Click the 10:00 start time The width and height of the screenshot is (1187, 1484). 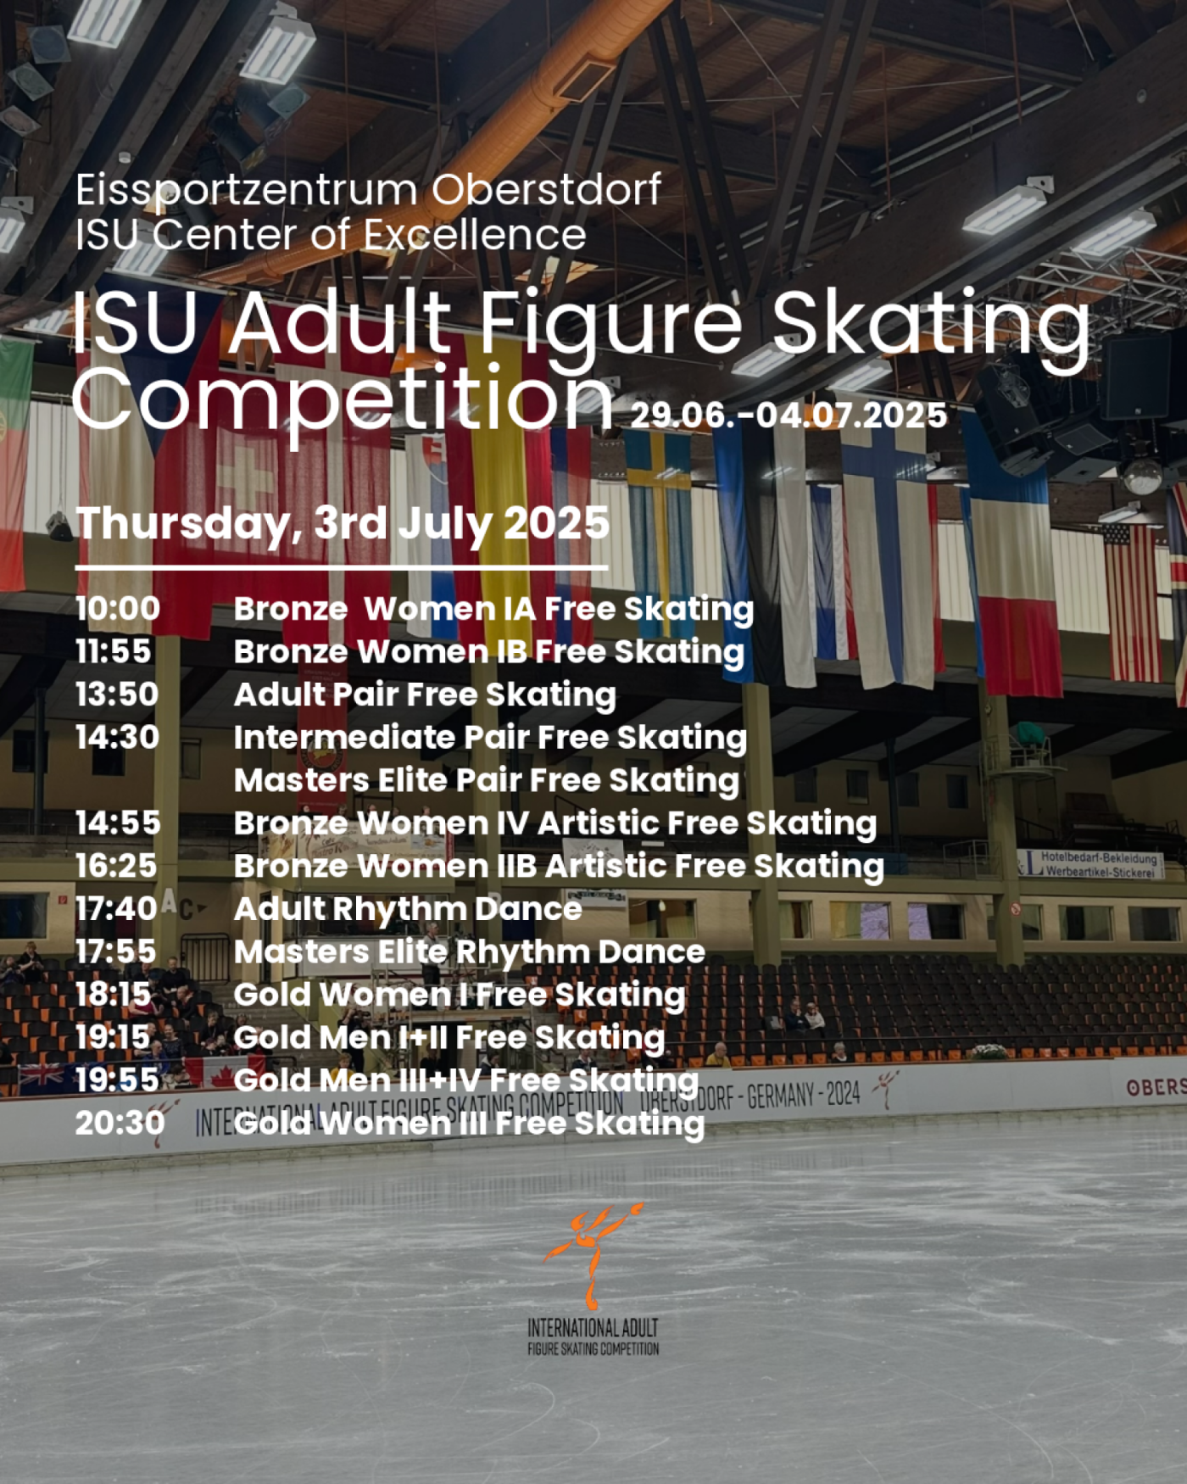click(x=117, y=608)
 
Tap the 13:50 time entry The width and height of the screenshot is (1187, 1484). click(x=117, y=694)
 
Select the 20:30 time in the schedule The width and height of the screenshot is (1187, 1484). click(x=120, y=1123)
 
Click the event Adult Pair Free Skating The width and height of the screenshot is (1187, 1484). click(x=425, y=695)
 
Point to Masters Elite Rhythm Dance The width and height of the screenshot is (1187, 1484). click(x=469, y=951)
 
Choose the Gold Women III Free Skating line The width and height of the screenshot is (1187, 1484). click(x=469, y=1124)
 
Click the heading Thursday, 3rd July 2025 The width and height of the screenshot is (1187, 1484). click(x=343, y=523)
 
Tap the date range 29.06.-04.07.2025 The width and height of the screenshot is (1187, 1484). click(x=789, y=416)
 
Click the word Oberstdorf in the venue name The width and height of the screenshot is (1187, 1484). click(x=546, y=189)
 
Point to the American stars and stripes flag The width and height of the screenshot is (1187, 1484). click(x=1132, y=603)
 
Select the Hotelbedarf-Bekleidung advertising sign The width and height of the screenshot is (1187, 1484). click(x=1092, y=864)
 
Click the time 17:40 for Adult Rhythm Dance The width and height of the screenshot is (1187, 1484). click(x=116, y=908)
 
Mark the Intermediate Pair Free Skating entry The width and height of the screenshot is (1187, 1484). click(x=490, y=738)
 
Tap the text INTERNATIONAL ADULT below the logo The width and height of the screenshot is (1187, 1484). click(x=593, y=1328)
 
